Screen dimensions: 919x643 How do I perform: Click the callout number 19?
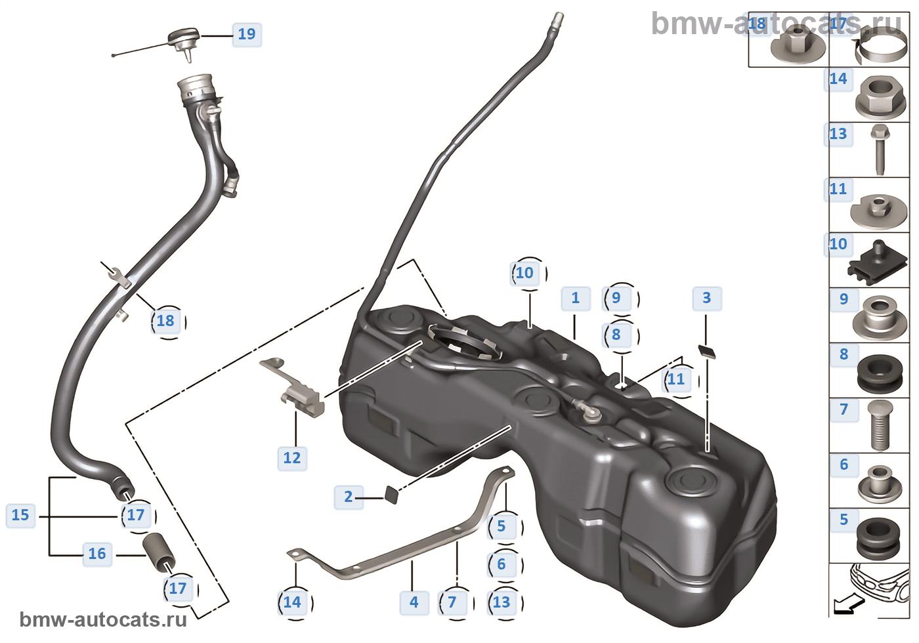[x=247, y=34]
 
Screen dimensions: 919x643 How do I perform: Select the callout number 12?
[x=292, y=458]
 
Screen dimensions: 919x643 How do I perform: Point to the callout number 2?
[x=349, y=497]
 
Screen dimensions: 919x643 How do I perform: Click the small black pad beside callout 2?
[x=391, y=494]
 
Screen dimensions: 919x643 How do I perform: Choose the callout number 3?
[x=706, y=298]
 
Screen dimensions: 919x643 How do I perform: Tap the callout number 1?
[x=576, y=298]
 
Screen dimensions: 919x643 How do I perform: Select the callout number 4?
[x=414, y=602]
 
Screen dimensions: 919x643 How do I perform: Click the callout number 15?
[x=20, y=515]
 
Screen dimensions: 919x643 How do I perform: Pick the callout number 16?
[x=97, y=554]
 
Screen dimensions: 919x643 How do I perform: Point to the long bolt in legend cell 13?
[x=880, y=150]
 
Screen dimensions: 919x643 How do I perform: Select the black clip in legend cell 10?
[x=877, y=263]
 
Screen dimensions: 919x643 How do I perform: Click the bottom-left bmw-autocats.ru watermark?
[x=103, y=620]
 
